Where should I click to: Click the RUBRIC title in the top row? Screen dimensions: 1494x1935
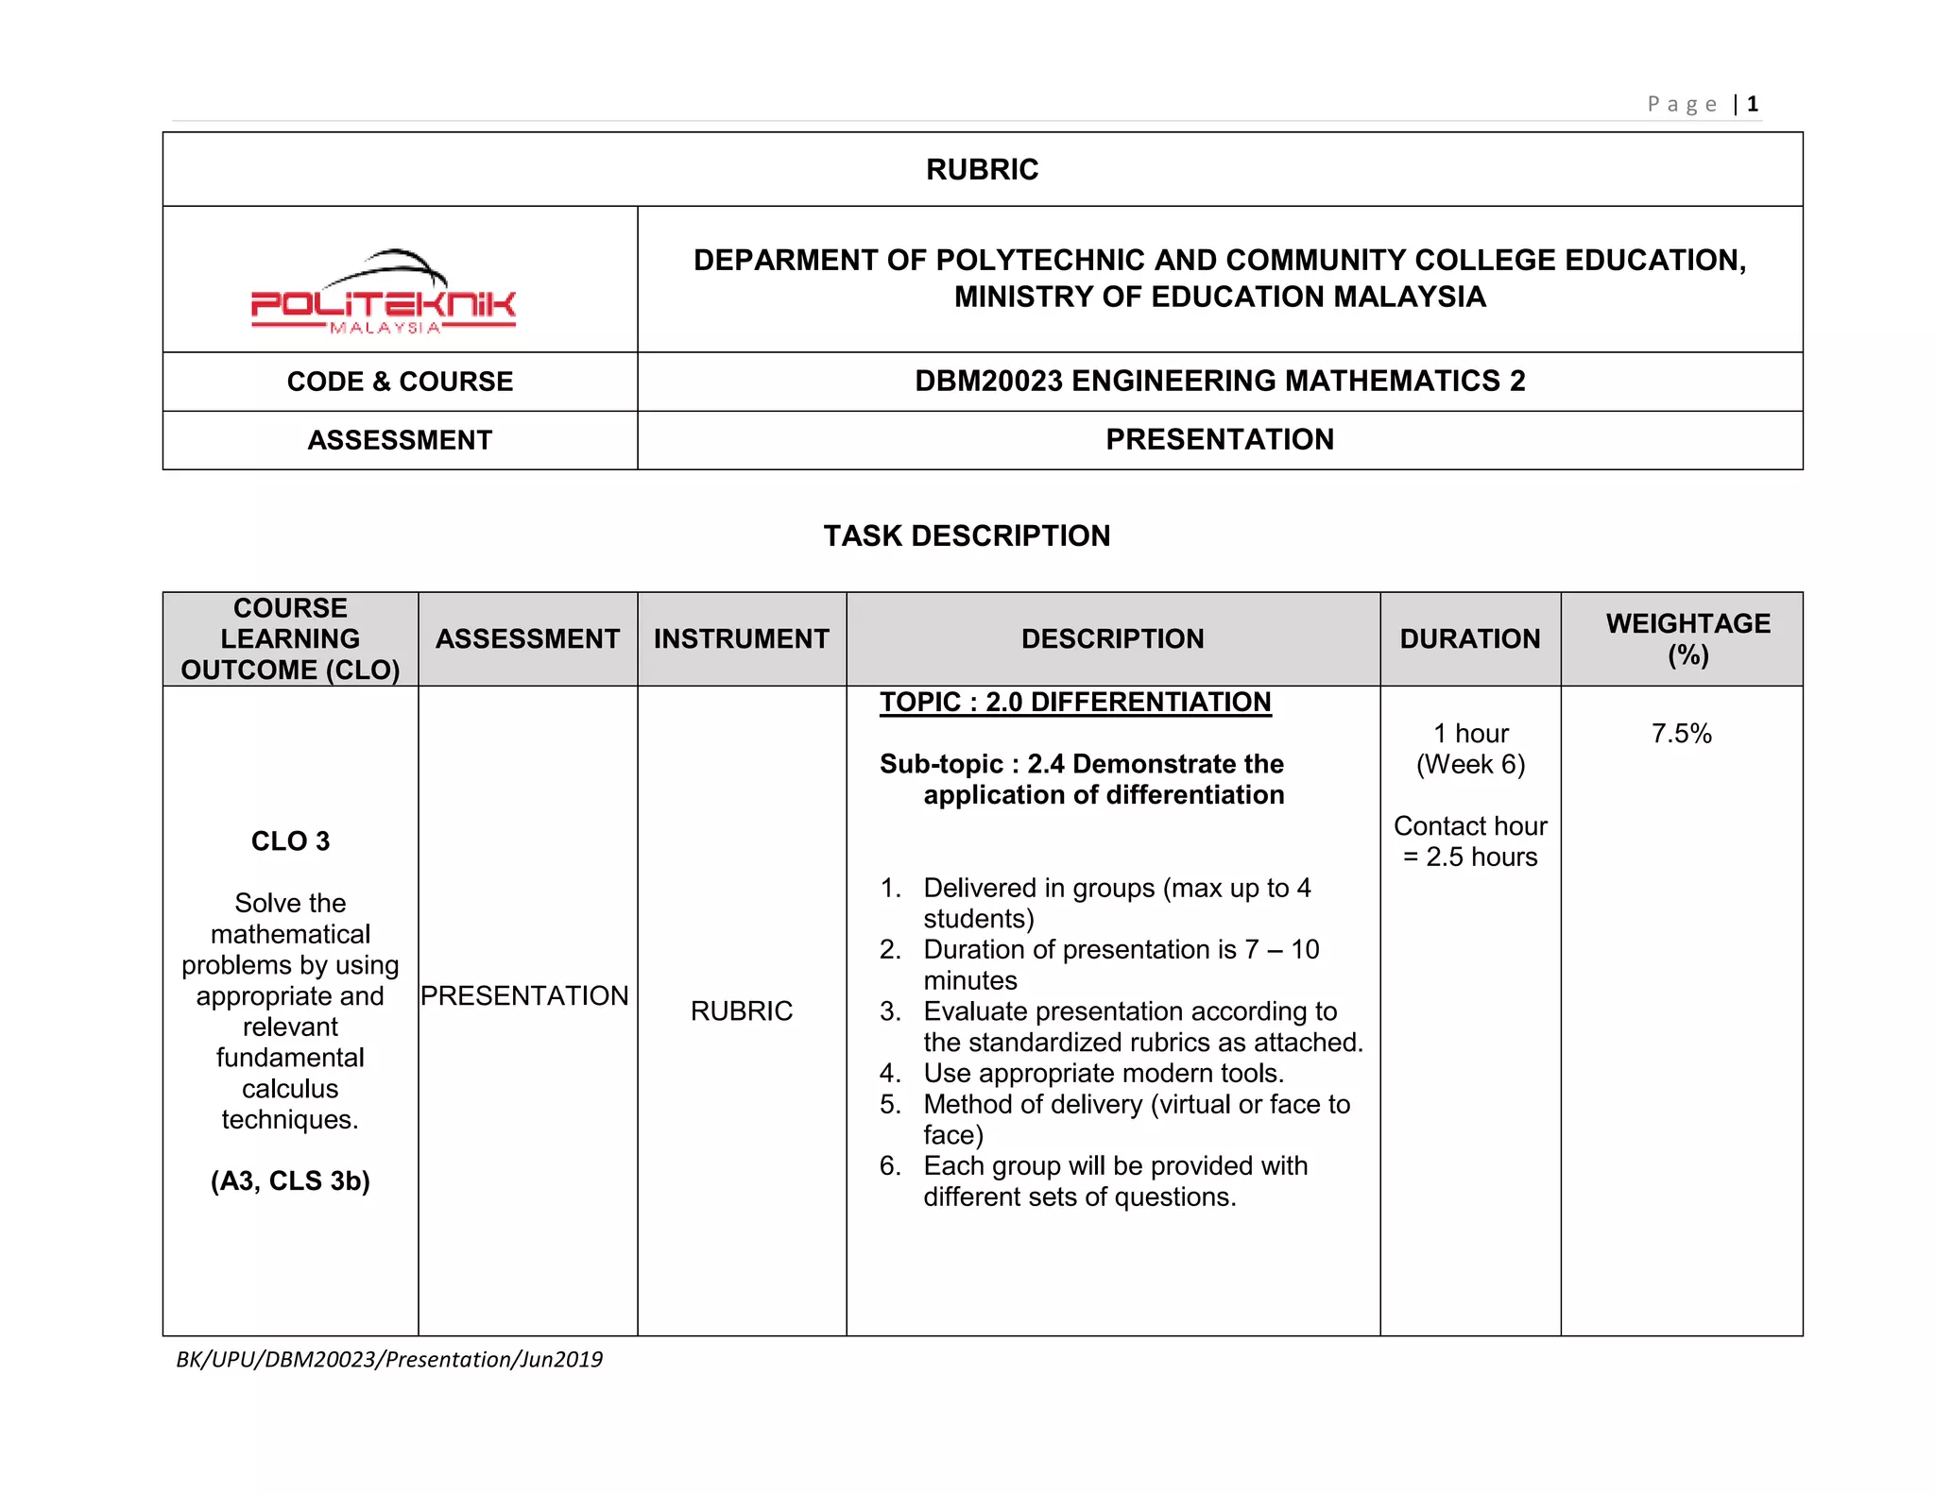[x=982, y=170]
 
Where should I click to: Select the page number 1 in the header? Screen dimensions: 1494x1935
[x=1753, y=104]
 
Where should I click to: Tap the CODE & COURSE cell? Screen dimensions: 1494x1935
[x=400, y=382]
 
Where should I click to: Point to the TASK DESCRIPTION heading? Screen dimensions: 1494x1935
[x=967, y=535]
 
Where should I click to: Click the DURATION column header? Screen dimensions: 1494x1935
[x=1469, y=639]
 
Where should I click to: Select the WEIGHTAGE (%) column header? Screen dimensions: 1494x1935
[x=1687, y=639]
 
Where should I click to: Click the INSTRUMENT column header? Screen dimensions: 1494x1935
[x=741, y=639]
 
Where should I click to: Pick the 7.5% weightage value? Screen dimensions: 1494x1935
[x=1681, y=734]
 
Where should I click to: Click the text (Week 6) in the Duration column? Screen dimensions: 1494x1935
[x=1470, y=765]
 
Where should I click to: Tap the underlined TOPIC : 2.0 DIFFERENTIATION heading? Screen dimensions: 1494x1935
[x=1075, y=703]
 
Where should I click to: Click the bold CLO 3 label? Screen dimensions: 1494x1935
[x=290, y=841]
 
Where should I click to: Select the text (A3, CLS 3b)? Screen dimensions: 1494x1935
[x=290, y=1181]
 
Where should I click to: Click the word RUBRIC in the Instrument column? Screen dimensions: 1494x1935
[x=741, y=1011]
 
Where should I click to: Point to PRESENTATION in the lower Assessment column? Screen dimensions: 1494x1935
[x=524, y=996]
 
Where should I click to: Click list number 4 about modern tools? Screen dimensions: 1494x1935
[x=890, y=1074]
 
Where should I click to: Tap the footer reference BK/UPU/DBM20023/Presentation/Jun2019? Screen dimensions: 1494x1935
[x=389, y=1360]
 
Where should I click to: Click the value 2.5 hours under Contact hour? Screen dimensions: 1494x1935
[x=1481, y=857]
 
